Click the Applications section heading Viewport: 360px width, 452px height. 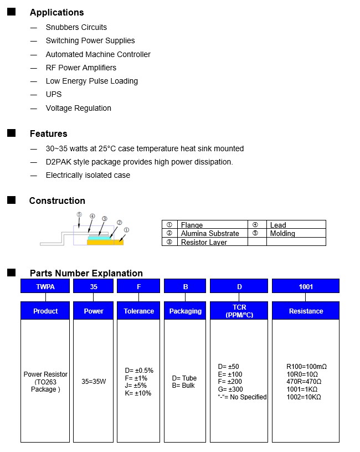[56, 12]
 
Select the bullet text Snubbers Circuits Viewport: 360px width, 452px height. [76, 27]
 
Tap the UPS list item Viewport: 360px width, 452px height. [54, 94]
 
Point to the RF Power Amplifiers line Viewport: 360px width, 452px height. [81, 68]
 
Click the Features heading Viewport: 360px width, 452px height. [48, 133]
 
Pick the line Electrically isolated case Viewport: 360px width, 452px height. [88, 175]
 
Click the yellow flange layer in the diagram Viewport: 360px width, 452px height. [105, 242]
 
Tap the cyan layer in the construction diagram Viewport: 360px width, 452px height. [99, 237]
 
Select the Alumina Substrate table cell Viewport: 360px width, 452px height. [210, 234]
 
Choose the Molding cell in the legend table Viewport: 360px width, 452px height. [282, 234]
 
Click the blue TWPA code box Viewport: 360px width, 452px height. [45, 286]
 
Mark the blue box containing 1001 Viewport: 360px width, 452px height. [306, 286]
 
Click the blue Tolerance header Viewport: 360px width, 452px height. [138, 311]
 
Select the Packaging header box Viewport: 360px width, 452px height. [185, 311]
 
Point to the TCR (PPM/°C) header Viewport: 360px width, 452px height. [239, 311]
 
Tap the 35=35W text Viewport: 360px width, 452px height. [94, 382]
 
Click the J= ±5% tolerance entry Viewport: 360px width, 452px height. [136, 386]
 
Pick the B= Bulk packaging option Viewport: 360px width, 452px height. [183, 386]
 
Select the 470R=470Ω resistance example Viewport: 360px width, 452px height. [304, 382]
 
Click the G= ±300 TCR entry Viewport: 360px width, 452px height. [230, 389]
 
